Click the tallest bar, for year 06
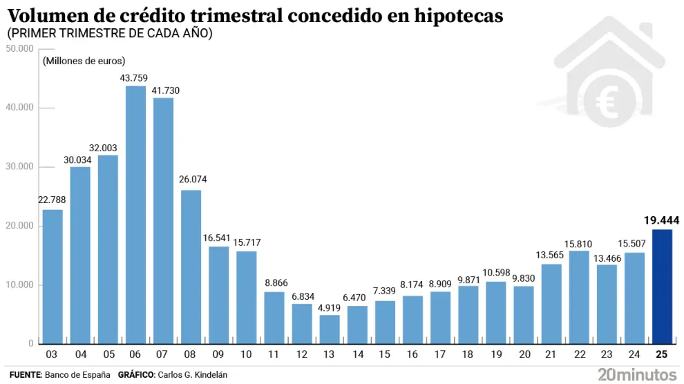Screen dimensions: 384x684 [135, 215]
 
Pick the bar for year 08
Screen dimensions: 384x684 [191, 267]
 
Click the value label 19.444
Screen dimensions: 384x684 [661, 221]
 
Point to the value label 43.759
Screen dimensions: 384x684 [134, 78]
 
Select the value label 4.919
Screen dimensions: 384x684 [330, 307]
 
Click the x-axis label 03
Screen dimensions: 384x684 [53, 354]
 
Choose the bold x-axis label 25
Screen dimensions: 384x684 [662, 354]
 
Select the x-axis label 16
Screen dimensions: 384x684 [412, 354]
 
